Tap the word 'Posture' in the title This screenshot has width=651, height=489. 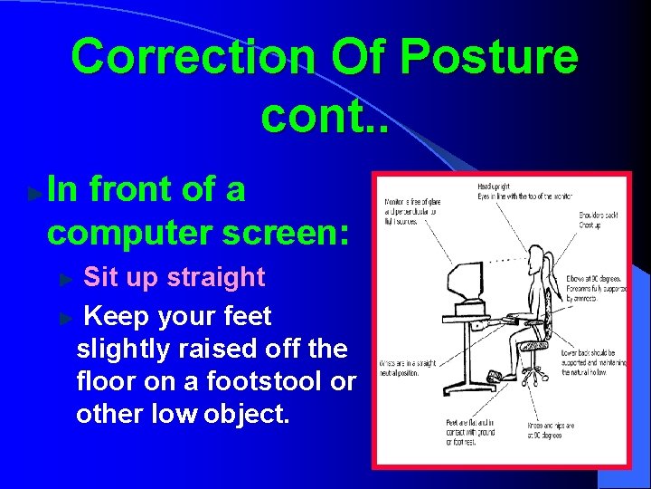[x=489, y=57]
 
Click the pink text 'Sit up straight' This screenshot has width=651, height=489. [x=175, y=277]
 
